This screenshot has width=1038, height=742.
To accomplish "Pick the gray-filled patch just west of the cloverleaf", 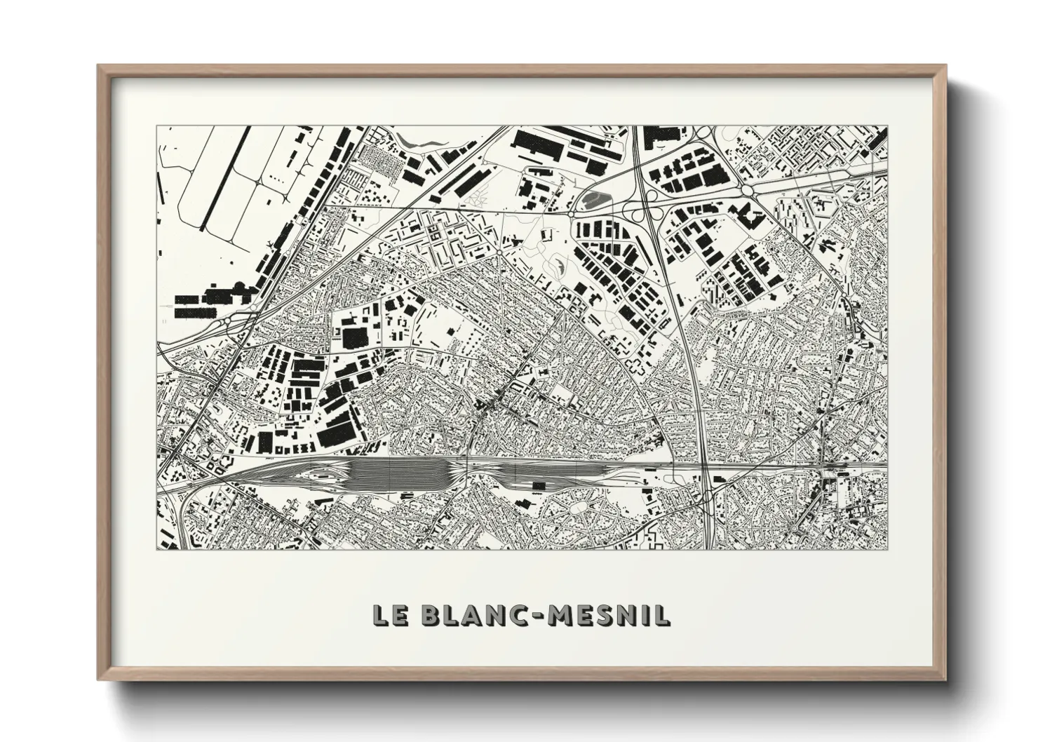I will coord(595,199).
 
